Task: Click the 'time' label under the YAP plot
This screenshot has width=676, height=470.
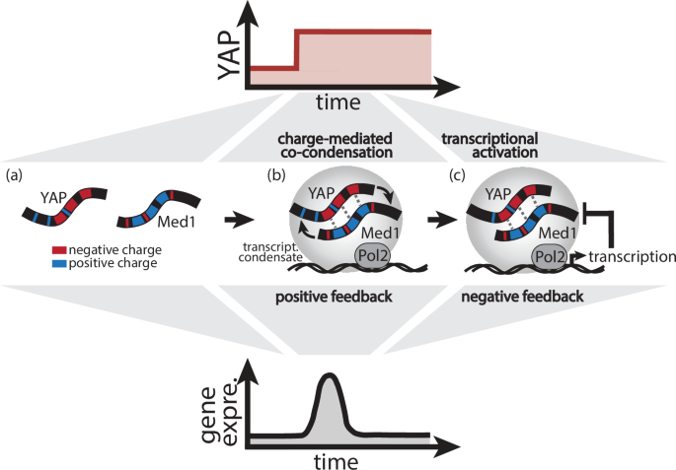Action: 338,101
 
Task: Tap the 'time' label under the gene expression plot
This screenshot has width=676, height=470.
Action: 338,459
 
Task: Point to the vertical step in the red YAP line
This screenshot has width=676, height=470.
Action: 297,51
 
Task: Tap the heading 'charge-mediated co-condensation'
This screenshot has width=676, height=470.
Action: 337,146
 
